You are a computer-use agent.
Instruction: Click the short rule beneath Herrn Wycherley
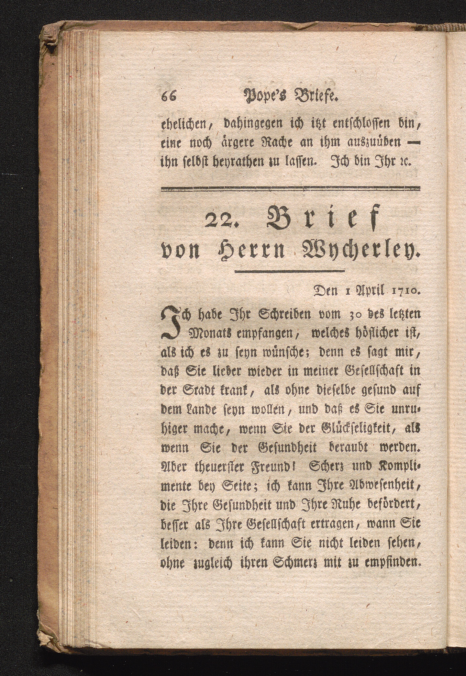(x=290, y=271)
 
